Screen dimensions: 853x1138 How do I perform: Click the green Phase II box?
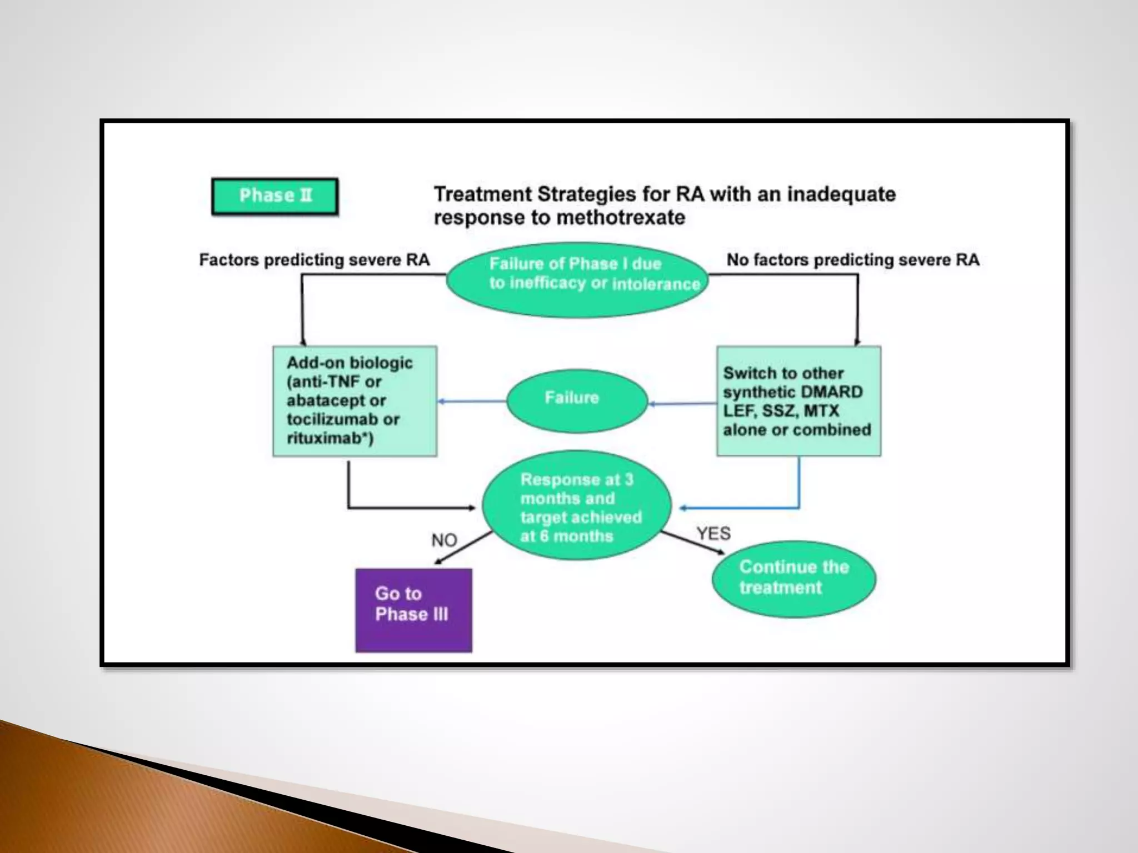pyautogui.click(x=274, y=196)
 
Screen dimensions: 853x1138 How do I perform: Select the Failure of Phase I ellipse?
pyautogui.click(x=577, y=279)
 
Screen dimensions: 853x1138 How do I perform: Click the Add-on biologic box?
pyautogui.click(x=355, y=401)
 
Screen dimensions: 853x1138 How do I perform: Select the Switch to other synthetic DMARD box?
pyautogui.click(x=798, y=401)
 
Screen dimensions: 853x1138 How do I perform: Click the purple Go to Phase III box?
pyautogui.click(x=413, y=610)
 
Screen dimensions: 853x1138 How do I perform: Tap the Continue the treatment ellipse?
pyautogui.click(x=793, y=578)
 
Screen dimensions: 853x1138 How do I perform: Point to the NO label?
pyautogui.click(x=444, y=540)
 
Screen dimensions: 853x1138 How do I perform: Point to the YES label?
pyautogui.click(x=713, y=534)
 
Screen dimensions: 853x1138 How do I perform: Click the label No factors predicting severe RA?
pyautogui.click(x=852, y=260)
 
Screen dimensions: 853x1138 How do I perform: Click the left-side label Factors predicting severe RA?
pyautogui.click(x=314, y=260)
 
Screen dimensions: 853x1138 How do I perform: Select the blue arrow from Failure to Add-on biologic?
pyautogui.click(x=472, y=401)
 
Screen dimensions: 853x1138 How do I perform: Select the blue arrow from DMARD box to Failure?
pyautogui.click(x=682, y=404)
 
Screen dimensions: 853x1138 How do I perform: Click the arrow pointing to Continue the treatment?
pyautogui.click(x=692, y=543)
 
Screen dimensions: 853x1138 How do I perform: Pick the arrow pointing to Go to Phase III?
pyautogui.click(x=463, y=548)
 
